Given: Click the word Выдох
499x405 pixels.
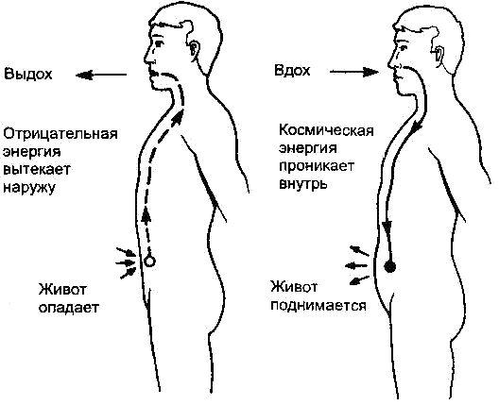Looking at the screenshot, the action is [28, 74].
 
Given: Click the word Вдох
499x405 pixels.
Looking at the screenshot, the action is [292, 70].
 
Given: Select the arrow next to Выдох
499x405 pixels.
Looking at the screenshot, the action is [101, 75].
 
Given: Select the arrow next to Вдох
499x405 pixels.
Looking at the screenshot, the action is [354, 72].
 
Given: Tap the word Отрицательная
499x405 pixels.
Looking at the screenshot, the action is [60, 134].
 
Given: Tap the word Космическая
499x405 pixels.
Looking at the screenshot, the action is [326, 130].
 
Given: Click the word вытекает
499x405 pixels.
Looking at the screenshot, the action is [37, 169].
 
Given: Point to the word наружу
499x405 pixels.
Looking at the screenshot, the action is [29, 188].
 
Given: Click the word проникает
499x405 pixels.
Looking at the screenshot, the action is [317, 166].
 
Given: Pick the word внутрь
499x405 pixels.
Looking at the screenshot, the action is [303, 184].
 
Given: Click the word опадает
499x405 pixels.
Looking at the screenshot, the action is [69, 308].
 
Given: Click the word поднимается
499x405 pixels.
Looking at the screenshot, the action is [318, 306].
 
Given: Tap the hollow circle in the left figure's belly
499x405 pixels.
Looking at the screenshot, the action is [149, 262].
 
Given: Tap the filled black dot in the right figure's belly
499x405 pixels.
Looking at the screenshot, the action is [389, 266].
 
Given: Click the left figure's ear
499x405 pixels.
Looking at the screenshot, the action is [194, 49].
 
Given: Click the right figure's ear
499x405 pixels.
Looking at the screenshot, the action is [438, 52].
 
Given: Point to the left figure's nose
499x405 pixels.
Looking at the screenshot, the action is [147, 58].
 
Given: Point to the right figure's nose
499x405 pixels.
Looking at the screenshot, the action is [392, 61].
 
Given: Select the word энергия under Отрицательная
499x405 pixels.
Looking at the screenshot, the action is [32, 152].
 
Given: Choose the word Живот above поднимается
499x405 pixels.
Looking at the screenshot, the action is [294, 287].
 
